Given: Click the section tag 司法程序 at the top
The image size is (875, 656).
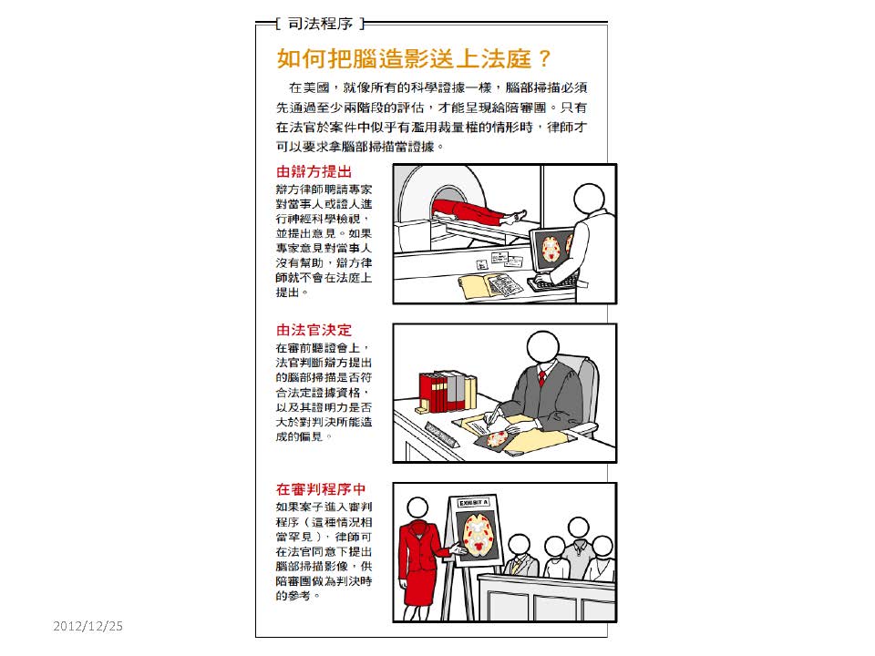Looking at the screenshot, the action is (x=320, y=24).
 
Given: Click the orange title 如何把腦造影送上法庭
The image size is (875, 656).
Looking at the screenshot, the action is (x=404, y=58).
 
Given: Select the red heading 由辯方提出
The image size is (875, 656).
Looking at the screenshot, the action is (x=314, y=171).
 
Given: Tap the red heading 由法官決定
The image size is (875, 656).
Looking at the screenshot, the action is (x=314, y=330).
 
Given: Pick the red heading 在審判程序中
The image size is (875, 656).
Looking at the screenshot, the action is (x=321, y=489).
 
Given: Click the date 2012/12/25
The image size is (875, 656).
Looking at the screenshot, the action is (x=88, y=626).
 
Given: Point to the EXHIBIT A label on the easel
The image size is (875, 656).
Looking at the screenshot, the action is (x=473, y=503).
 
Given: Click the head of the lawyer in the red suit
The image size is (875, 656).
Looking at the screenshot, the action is (x=417, y=508).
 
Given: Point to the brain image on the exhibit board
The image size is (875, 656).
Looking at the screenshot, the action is (x=477, y=535).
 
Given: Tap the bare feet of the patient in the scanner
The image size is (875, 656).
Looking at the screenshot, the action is (x=516, y=217).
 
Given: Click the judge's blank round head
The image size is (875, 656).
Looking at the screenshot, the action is (x=542, y=348).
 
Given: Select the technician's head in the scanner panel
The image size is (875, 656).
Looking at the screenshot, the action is (x=590, y=199).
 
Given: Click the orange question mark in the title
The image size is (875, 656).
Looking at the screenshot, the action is (x=545, y=58).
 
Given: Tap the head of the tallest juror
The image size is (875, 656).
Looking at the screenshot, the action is (x=578, y=528).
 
